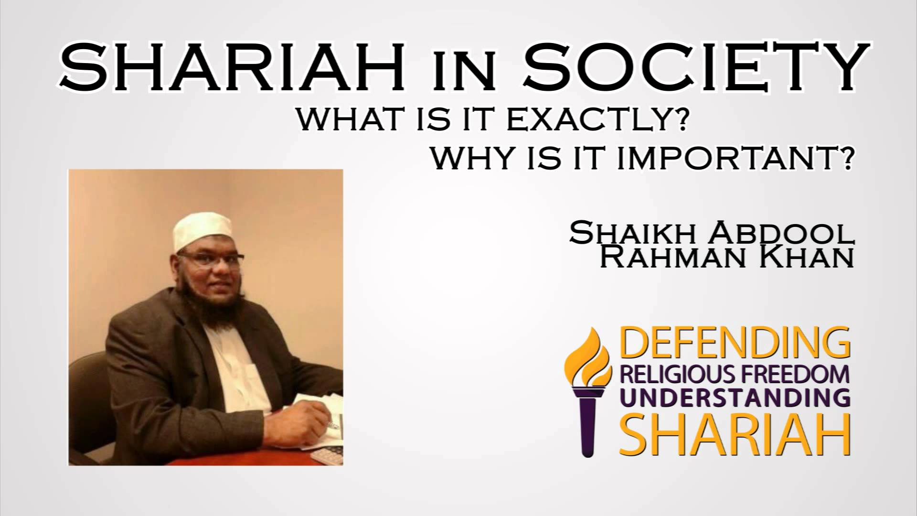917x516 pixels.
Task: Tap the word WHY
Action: point(473,160)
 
